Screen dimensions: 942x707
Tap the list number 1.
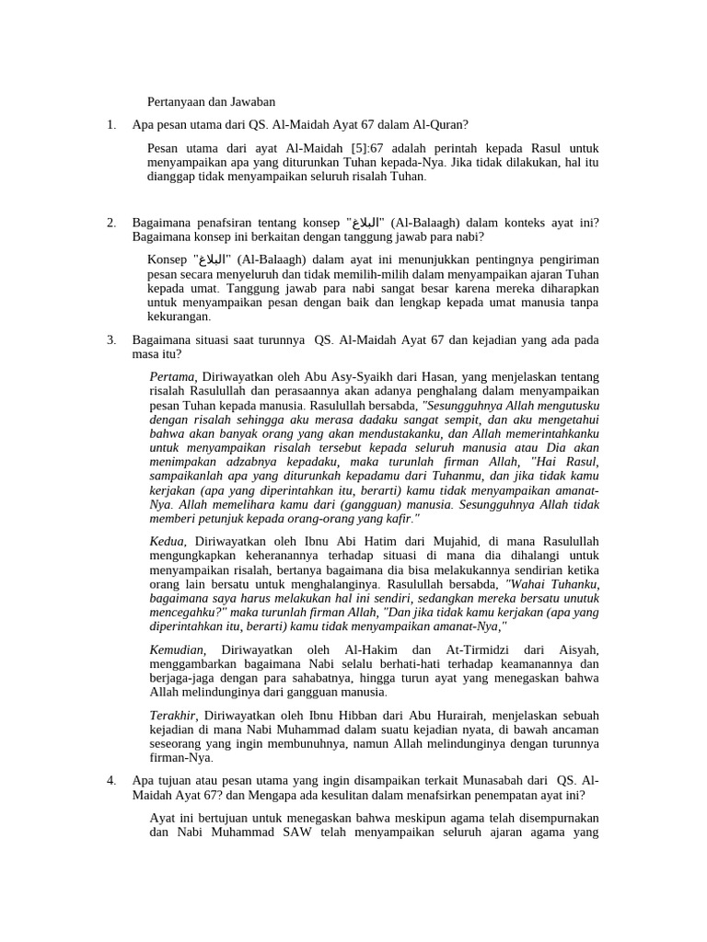click(x=110, y=125)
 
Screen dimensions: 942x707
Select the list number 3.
click(x=110, y=339)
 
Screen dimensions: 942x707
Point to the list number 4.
click(x=110, y=780)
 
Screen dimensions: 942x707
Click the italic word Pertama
click(x=172, y=376)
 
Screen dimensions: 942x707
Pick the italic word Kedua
click(x=167, y=541)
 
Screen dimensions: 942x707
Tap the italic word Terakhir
click(x=173, y=714)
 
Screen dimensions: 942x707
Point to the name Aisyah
click(x=575, y=649)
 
